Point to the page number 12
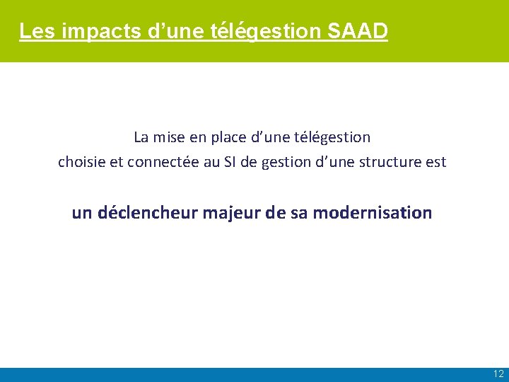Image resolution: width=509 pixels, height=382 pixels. (498, 374)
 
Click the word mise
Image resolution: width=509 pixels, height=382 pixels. (170, 137)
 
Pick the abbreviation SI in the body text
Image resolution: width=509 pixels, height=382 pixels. (230, 162)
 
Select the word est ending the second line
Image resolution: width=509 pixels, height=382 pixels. (436, 162)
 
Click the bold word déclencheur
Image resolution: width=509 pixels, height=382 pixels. (147, 212)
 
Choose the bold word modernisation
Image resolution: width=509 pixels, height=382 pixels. (372, 212)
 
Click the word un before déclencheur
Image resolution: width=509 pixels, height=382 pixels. (82, 212)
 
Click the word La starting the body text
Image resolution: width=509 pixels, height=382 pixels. (141, 137)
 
